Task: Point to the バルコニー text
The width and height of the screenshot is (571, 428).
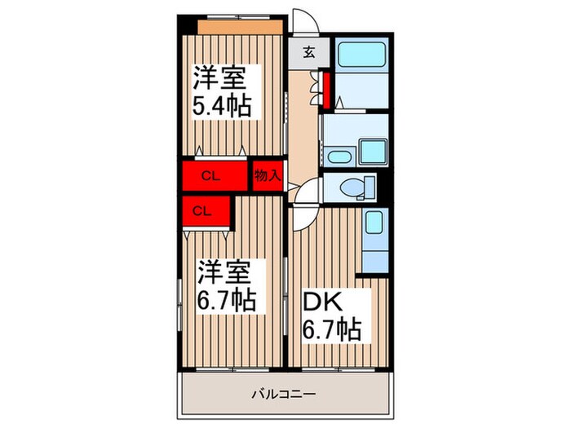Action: (284, 394)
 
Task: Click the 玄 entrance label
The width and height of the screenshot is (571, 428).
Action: (309, 52)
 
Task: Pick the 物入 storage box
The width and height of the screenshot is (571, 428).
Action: (268, 176)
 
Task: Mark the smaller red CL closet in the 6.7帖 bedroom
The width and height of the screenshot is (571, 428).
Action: (206, 211)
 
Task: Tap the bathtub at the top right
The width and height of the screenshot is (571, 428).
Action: (361, 55)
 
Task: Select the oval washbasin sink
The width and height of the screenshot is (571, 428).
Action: (339, 157)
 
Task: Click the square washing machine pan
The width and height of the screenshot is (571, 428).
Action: (373, 152)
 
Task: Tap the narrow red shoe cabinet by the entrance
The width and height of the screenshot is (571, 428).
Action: (326, 90)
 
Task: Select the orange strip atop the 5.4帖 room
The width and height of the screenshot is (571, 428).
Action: (241, 27)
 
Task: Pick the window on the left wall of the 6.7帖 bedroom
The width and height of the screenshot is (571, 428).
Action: (180, 305)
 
